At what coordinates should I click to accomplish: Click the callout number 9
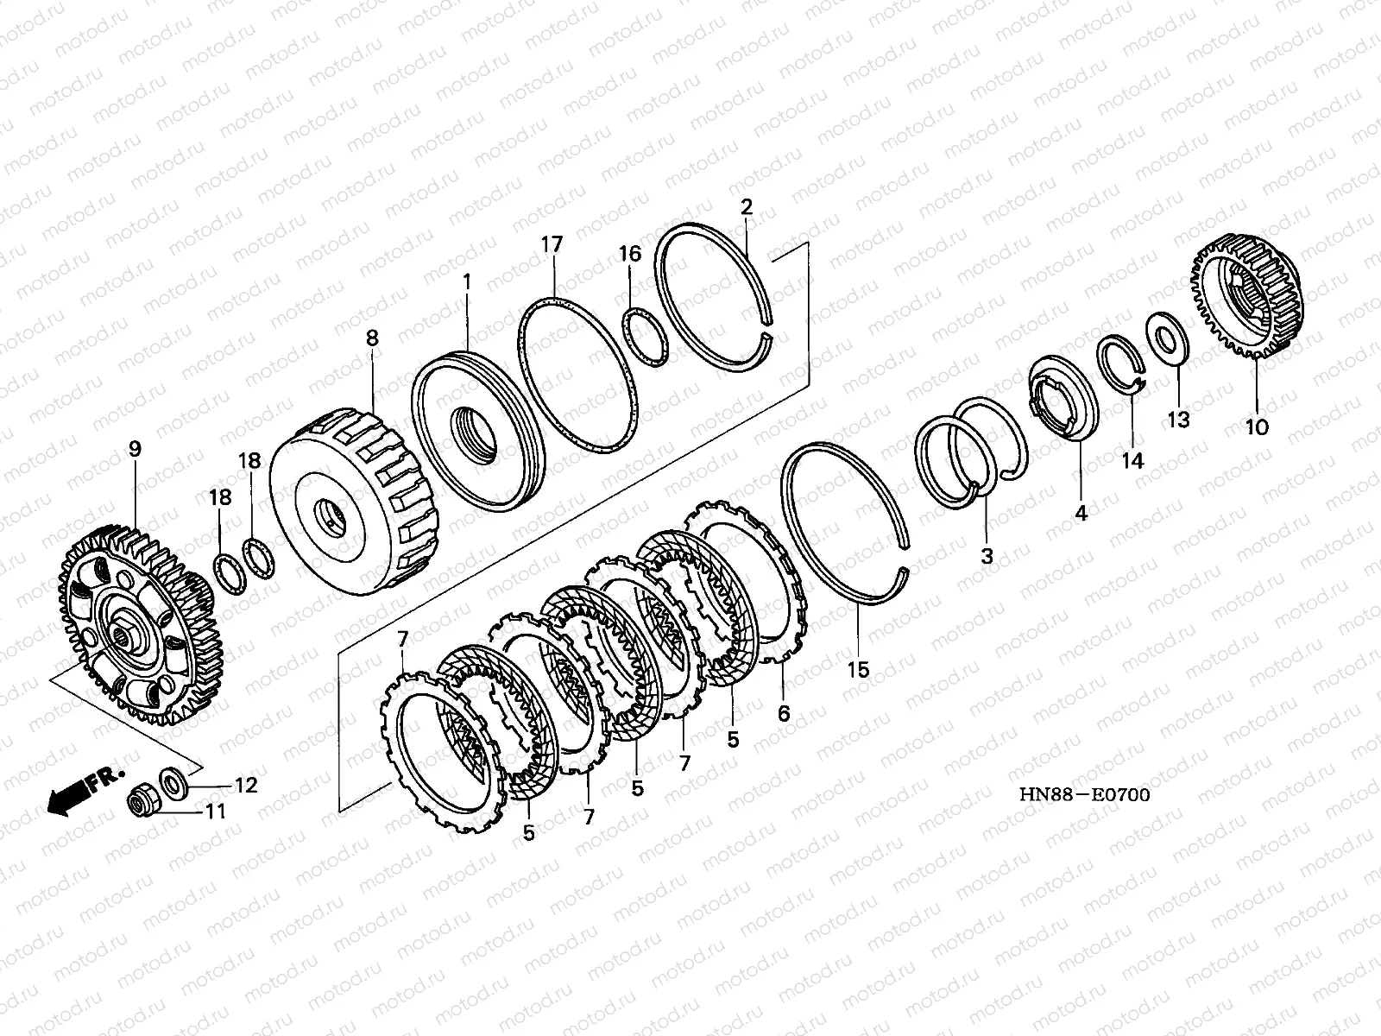pyautogui.click(x=135, y=449)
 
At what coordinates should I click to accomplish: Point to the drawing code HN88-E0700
pyautogui.click(x=1084, y=794)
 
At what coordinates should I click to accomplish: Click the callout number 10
pyautogui.click(x=1257, y=426)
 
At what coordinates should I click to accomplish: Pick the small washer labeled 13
pyautogui.click(x=1166, y=338)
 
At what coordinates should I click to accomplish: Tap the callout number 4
pyautogui.click(x=1081, y=512)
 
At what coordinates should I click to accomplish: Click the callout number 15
pyautogui.click(x=858, y=669)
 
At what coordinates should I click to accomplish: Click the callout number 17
pyautogui.click(x=552, y=245)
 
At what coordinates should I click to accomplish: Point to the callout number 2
pyautogui.click(x=747, y=206)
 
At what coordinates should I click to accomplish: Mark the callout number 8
pyautogui.click(x=372, y=338)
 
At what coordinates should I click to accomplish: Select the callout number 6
pyautogui.click(x=784, y=713)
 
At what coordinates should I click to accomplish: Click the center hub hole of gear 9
pyautogui.click(x=126, y=639)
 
